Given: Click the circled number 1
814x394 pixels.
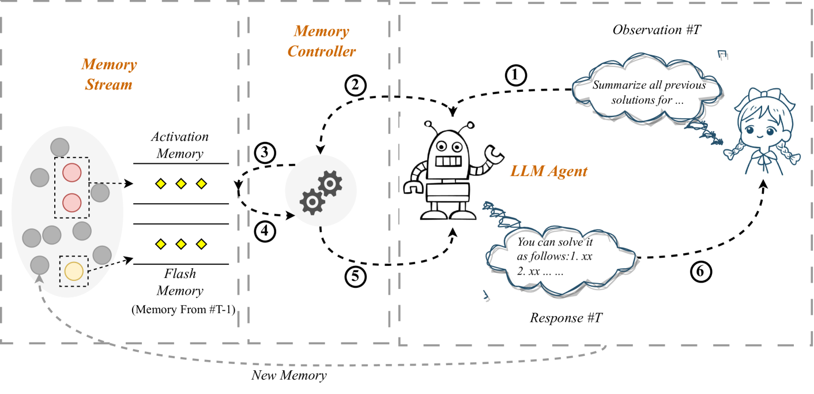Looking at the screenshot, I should (515, 74).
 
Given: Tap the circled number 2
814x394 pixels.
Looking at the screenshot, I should (356, 85).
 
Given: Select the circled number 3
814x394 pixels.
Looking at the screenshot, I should (265, 153).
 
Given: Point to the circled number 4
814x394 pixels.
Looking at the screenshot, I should (265, 231).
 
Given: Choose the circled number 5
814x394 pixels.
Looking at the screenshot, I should (356, 277).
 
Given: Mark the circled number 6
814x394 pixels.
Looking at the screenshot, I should (700, 272).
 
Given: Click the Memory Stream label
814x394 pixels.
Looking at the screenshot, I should (109, 74).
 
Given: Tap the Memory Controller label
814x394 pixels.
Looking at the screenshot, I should (321, 42).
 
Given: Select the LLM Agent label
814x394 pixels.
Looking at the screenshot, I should (548, 171).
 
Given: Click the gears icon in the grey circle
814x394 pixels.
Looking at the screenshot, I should (321, 191).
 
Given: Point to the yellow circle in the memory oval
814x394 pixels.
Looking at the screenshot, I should (74, 271).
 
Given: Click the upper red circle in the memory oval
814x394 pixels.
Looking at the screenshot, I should (71, 172).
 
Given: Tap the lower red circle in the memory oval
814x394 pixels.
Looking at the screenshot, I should (71, 202).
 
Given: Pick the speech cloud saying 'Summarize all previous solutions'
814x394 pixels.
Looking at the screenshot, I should (648, 92).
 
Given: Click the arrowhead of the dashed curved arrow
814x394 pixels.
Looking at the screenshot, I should (39, 279).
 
